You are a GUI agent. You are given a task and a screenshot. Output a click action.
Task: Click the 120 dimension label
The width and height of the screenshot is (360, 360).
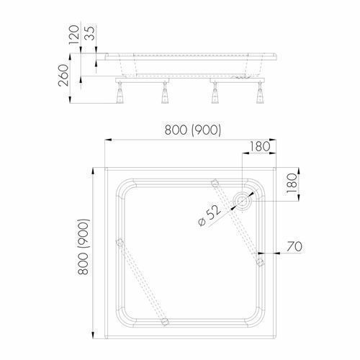point(74,35)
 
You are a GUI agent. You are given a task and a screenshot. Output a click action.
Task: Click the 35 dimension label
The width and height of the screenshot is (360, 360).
point(90,32)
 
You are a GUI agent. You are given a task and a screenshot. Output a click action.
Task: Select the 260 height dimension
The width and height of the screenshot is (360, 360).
point(63,75)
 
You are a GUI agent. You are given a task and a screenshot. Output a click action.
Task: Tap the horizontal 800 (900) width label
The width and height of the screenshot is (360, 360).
point(193,130)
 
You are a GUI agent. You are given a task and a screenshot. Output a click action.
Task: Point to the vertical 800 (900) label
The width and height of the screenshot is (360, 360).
point(84,247)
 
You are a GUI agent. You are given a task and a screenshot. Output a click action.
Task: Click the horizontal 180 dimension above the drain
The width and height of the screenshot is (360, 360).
point(260,146)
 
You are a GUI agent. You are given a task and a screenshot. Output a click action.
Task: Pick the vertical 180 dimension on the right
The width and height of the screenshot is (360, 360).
point(292,184)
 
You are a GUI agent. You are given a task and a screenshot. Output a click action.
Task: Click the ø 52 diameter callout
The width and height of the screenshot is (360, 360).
point(210,215)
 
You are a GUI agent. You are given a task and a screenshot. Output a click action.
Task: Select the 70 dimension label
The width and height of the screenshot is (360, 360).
point(294,246)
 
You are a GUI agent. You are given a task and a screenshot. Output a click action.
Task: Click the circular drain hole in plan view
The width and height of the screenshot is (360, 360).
point(242,200)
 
